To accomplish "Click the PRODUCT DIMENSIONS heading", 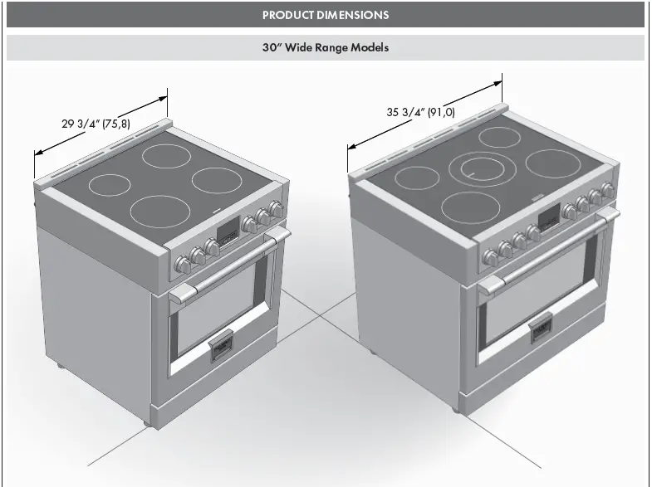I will tap(326, 15).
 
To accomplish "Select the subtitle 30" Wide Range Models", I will tap(326, 48).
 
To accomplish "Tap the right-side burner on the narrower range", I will tap(218, 179).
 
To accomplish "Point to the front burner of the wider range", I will tap(469, 207).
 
